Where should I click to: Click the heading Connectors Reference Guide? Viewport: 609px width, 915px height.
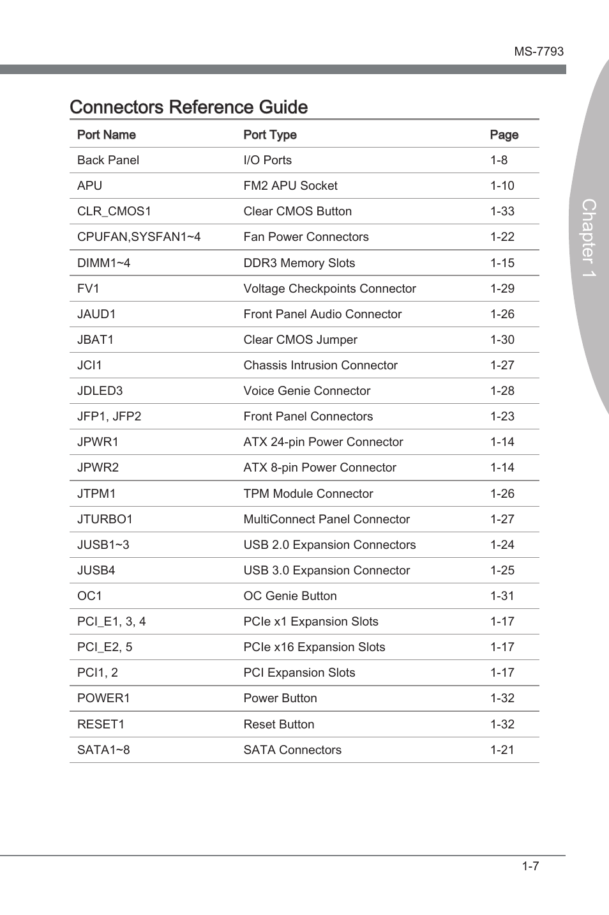[x=189, y=107]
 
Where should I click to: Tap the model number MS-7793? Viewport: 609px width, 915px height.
[x=539, y=52]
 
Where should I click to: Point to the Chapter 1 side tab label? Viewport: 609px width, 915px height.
[x=589, y=238]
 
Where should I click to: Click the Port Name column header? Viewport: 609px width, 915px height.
[x=107, y=135]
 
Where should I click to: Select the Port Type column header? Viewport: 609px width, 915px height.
[x=270, y=135]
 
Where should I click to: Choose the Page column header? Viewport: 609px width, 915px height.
[x=504, y=135]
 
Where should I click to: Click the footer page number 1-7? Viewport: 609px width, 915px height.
[x=530, y=866]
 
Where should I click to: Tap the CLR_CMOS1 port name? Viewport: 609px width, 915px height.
[x=114, y=211]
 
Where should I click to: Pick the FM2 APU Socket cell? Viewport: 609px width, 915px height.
[x=290, y=186]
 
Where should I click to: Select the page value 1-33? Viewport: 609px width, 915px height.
[x=502, y=211]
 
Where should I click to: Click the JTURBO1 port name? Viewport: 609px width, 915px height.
[x=105, y=519]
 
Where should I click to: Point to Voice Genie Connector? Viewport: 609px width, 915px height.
[x=307, y=391]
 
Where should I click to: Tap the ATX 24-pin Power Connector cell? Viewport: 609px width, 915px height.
[x=323, y=442]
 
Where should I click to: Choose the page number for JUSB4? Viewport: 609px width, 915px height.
[x=502, y=571]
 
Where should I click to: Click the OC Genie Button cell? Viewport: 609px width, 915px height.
[x=290, y=596]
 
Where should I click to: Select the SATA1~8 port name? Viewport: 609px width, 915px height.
[x=103, y=750]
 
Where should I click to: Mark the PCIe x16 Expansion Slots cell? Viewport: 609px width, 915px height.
[x=314, y=647]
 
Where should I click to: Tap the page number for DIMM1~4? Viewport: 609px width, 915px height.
[x=502, y=263]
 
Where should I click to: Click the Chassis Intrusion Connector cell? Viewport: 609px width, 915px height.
[x=320, y=365]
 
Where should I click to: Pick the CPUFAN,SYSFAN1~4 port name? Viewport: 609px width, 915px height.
[x=139, y=237]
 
